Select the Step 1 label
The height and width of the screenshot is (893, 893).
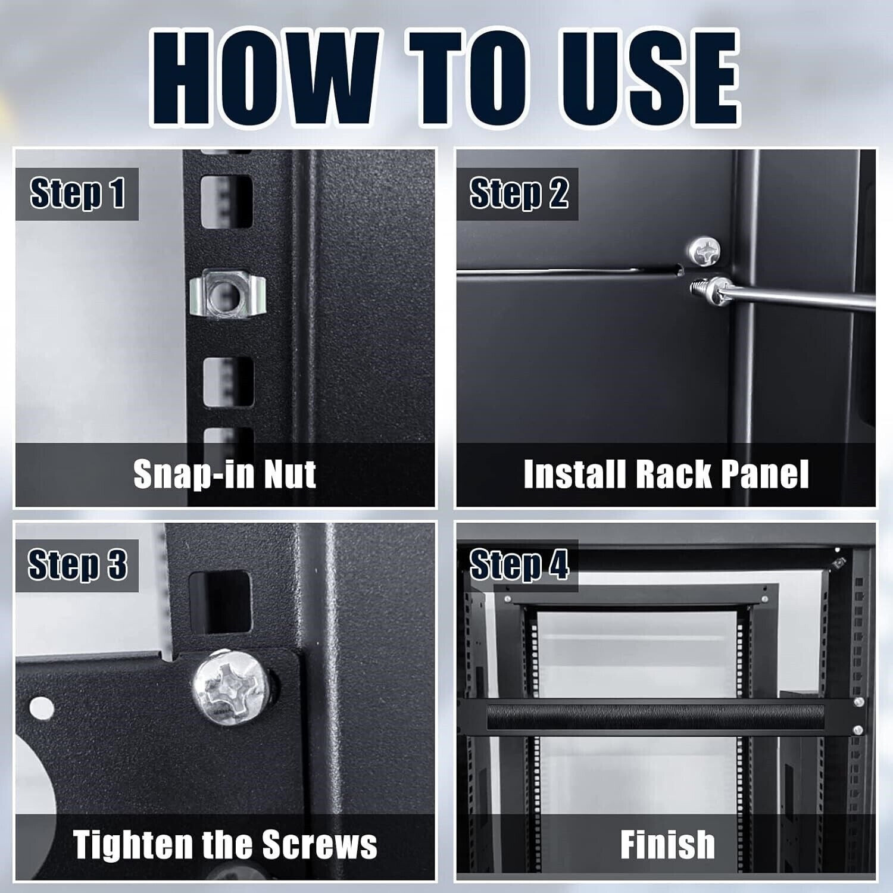pyautogui.click(x=77, y=193)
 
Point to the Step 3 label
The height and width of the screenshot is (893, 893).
pyautogui.click(x=77, y=565)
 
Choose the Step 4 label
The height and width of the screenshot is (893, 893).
pyautogui.click(x=519, y=565)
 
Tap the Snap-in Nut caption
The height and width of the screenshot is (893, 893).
pyautogui.click(x=224, y=474)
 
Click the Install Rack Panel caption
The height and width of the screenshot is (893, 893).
pyautogui.click(x=666, y=474)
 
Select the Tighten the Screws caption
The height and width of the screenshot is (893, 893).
pyautogui.click(x=225, y=845)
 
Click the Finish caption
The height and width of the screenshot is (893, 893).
pyautogui.click(x=667, y=845)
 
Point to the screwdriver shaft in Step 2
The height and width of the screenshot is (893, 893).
pyautogui.click(x=798, y=298)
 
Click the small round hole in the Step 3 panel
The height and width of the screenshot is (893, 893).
pyautogui.click(x=41, y=708)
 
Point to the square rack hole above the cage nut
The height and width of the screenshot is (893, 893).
pyautogui.click(x=227, y=201)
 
